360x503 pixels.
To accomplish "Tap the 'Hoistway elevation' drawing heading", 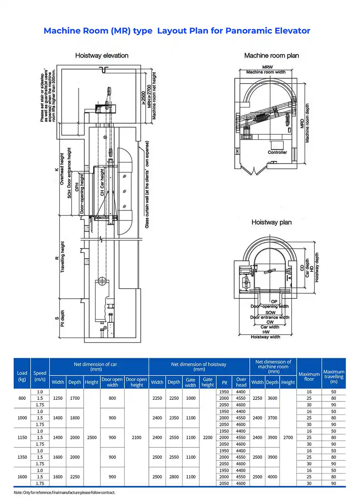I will (x=102, y=56).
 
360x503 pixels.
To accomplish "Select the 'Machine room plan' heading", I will (x=272, y=56).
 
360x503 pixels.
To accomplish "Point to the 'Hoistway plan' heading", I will (x=271, y=222).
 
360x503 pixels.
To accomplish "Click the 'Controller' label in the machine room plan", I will (x=277, y=152).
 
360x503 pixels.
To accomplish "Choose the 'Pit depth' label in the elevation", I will (x=62, y=317).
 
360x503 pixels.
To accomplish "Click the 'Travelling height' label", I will (x=62, y=257).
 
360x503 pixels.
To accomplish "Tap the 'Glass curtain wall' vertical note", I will (x=147, y=184).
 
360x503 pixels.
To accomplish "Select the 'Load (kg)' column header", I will (x=22, y=376).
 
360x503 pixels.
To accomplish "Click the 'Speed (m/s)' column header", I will (x=40, y=376).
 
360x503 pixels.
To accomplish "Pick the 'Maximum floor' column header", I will (x=309, y=376).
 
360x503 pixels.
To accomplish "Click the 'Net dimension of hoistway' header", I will (x=198, y=364).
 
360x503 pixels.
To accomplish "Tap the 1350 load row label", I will (x=22, y=457).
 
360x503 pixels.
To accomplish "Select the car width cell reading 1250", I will (x=58, y=398).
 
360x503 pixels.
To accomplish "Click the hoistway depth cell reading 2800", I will (x=174, y=477).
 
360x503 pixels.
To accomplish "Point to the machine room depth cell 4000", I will (x=272, y=477).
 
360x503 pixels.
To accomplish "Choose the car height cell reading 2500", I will (x=92, y=437).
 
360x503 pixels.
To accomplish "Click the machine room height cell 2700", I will (x=288, y=437).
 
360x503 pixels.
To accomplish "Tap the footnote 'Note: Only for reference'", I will (x=64, y=493).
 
